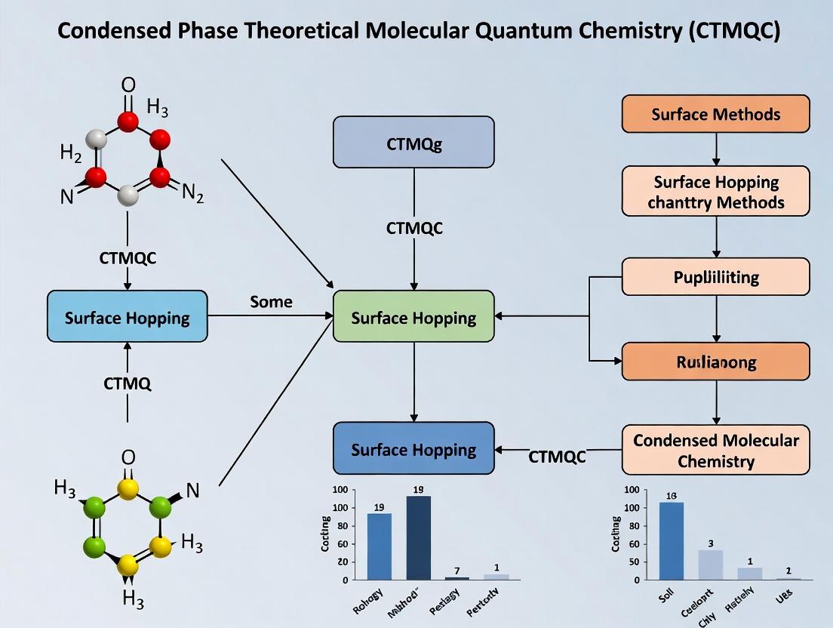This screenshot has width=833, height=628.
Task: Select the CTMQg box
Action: (x=413, y=142)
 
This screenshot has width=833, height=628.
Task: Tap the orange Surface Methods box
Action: (x=715, y=115)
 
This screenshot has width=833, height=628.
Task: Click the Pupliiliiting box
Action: (x=715, y=277)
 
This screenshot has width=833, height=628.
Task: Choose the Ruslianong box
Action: (x=715, y=362)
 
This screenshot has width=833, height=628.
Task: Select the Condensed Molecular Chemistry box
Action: (x=715, y=450)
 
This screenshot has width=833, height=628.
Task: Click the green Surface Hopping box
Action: (x=413, y=317)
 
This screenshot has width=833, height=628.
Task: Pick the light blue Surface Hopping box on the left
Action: (x=127, y=317)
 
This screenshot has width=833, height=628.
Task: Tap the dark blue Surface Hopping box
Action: (x=413, y=450)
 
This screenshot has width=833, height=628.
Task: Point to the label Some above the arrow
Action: (x=271, y=301)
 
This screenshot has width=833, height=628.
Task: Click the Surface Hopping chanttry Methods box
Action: (x=715, y=192)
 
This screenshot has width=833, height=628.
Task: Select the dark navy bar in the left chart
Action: (x=419, y=537)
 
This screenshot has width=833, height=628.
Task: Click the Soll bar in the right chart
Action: (x=672, y=541)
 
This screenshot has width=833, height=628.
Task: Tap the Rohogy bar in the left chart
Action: (x=379, y=546)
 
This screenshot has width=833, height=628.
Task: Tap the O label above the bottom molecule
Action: (x=128, y=457)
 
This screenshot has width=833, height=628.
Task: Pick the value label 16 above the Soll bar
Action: (x=672, y=496)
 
